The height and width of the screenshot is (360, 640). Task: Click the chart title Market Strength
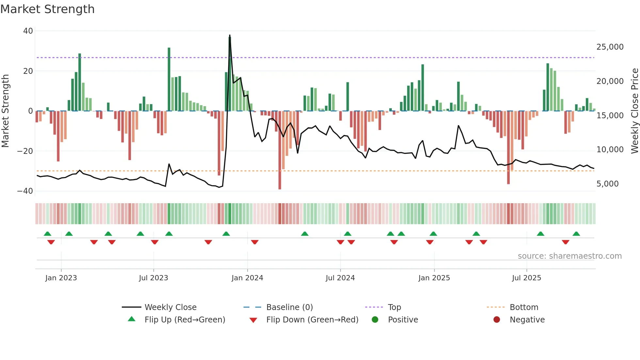pos(47,9)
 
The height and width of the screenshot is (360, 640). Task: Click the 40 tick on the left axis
pos(28,31)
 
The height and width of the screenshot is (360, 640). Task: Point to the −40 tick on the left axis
pos(25,191)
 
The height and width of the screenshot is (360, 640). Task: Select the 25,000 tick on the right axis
pos(610,47)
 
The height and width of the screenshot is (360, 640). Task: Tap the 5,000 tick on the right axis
pos(607,184)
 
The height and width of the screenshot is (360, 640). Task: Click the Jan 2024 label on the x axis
pos(247,278)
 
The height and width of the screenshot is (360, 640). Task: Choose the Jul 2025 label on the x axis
pos(526,278)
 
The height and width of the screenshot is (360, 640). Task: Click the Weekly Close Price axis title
pos(634,111)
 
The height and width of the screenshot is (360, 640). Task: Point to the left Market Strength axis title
pos(5,111)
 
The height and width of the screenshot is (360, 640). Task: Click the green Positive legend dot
pos(375,320)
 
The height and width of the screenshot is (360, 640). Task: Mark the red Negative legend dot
pos(497,320)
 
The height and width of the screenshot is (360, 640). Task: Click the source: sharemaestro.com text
pos(569,256)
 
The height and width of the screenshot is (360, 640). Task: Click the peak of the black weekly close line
pos(230,35)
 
